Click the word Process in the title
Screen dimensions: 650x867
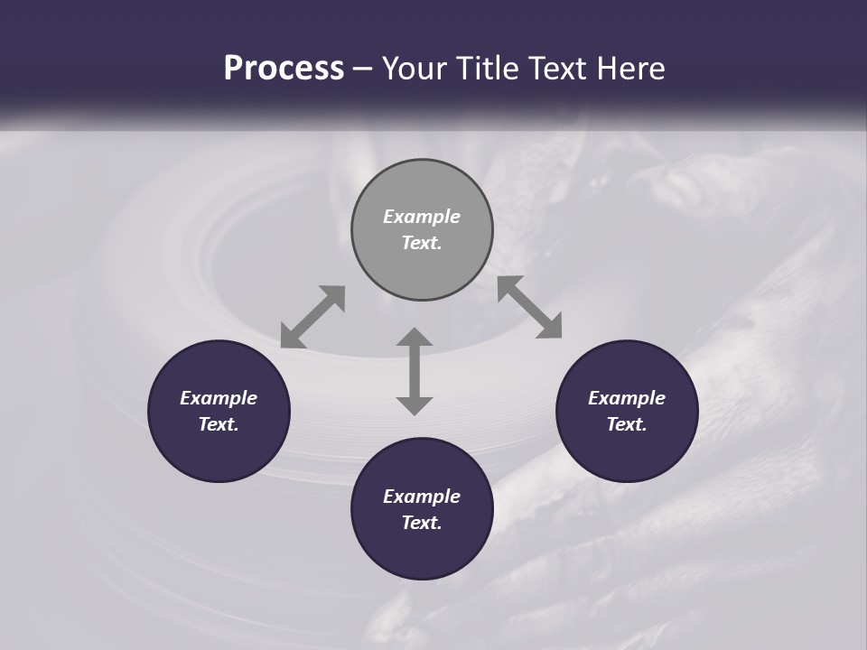click(284, 69)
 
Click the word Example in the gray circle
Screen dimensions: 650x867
click(422, 217)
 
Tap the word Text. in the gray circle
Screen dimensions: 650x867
click(422, 243)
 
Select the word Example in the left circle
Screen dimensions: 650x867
click(219, 398)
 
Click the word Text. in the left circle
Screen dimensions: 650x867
click(219, 424)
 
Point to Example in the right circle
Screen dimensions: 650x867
click(627, 398)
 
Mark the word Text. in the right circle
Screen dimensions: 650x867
click(627, 424)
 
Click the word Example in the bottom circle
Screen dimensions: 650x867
click(422, 497)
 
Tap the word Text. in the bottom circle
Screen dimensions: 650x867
click(422, 523)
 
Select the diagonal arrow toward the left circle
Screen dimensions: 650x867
click(312, 317)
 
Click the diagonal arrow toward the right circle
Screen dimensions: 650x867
click(530, 308)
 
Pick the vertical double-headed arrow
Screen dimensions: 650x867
click(415, 371)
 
